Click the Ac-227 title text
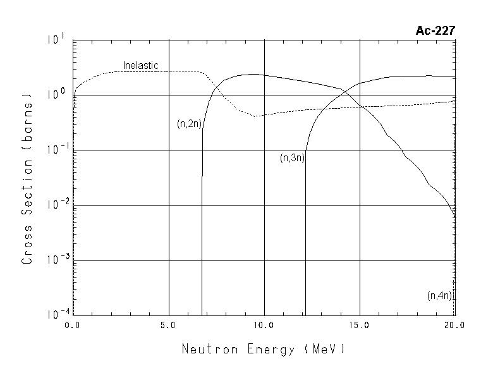point(435,30)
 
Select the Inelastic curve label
point(140,65)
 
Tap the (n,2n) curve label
point(189,124)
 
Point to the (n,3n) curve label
point(292,158)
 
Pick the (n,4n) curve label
point(440,295)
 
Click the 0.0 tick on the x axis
point(73,326)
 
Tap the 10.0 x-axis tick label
point(264,326)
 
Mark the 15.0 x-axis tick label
point(359,326)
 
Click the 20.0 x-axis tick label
point(454,326)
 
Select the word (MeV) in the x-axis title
point(324,349)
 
